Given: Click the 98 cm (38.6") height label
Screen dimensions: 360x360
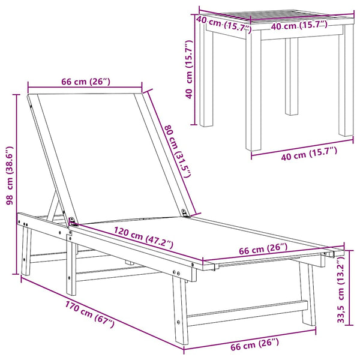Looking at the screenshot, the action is pyautogui.click(x=10, y=176).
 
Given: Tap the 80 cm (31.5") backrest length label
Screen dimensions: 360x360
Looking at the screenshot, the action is pyautogui.click(x=178, y=151).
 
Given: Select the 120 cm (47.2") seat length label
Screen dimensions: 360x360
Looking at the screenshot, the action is pyautogui.click(x=143, y=238).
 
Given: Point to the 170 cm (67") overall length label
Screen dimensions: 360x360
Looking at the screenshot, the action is pyautogui.click(x=90, y=314).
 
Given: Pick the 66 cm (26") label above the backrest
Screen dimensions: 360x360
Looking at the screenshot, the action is pyautogui.click(x=86, y=82).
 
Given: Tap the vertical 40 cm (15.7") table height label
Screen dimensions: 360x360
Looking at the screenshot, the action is pyautogui.click(x=189, y=70).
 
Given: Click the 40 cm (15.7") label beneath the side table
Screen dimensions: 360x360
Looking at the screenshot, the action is pyautogui.click(x=309, y=154).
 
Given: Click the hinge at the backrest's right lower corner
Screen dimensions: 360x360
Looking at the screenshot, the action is pyautogui.click(x=185, y=212).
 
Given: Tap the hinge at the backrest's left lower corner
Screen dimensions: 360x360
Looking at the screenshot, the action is pyautogui.click(x=73, y=221).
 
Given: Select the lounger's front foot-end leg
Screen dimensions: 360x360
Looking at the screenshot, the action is pyautogui.click(x=181, y=309).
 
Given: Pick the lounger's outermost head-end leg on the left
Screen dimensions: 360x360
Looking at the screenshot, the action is pyautogui.click(x=26, y=251).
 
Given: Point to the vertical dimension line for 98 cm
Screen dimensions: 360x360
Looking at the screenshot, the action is pyautogui.click(x=16, y=184).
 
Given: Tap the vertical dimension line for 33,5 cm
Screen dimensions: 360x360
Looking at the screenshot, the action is pyautogui.click(x=349, y=287).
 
